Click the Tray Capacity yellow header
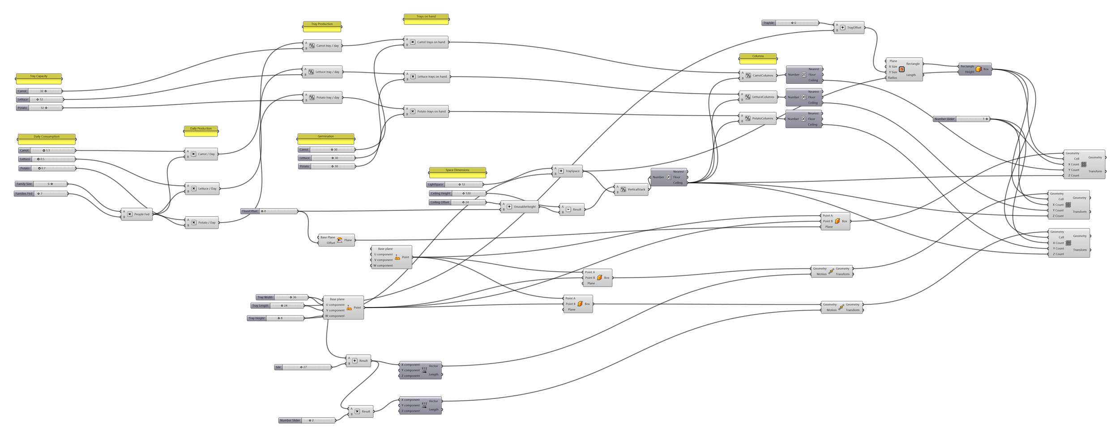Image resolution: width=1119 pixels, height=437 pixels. point(38,77)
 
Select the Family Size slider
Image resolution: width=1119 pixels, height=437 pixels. point(41,184)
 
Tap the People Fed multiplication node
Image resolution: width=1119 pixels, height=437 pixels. point(137,214)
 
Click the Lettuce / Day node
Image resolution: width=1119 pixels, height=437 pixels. point(202,189)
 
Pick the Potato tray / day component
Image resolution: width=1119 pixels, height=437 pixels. point(323,98)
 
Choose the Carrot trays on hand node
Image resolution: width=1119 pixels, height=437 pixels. point(426,42)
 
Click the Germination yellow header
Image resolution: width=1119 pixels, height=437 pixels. point(325,137)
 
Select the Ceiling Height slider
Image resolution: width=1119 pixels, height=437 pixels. point(457,193)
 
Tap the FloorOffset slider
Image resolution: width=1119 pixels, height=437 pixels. point(269,211)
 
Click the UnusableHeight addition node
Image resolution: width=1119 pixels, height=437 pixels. point(520,207)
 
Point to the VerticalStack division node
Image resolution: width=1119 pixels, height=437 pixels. point(632,189)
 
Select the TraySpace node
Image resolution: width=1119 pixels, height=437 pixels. point(568,171)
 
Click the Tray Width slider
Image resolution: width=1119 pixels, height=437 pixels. point(282,297)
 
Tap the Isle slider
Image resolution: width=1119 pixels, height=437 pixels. point(303,368)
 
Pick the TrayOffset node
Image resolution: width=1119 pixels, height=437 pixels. point(849,28)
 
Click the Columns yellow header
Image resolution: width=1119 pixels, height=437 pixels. point(758,56)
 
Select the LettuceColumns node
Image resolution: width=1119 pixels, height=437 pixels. point(758,97)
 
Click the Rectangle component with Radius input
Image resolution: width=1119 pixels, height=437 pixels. point(904,69)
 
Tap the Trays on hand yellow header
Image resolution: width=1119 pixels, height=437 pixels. point(426,17)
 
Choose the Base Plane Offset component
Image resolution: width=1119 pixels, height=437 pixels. point(337,240)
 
